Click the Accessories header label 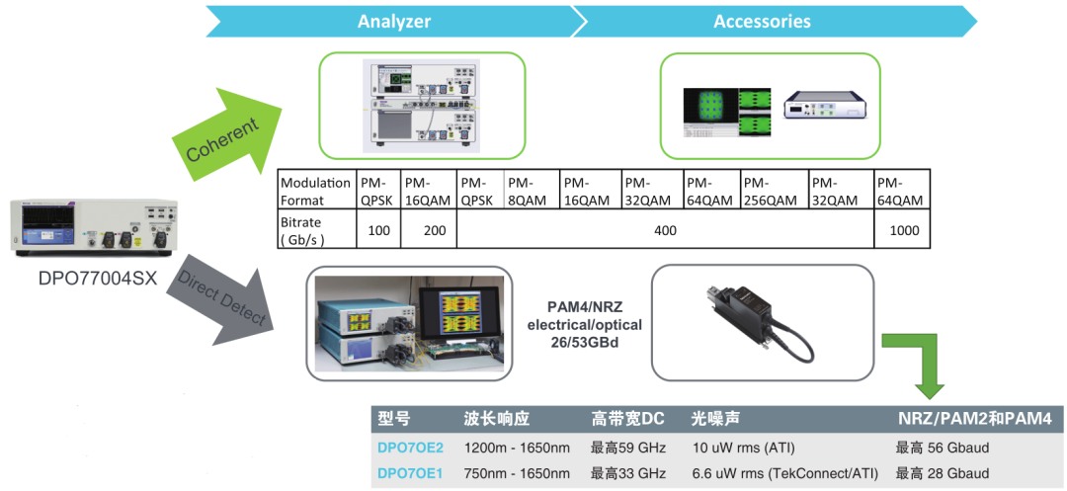coord(762,21)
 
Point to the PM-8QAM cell coord(531,191)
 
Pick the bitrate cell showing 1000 coord(901,230)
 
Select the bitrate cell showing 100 coord(378,230)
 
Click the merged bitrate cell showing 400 coord(666,230)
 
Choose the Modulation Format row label coord(315,191)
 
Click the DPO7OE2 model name coord(411,448)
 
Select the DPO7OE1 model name coord(411,472)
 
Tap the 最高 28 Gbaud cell coord(942,472)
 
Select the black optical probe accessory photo coord(762,322)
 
